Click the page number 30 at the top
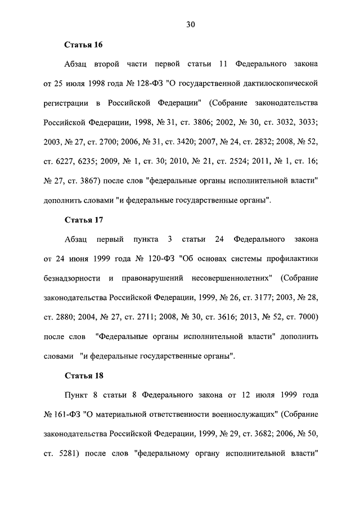[x=191, y=24]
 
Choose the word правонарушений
[x=150, y=278]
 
